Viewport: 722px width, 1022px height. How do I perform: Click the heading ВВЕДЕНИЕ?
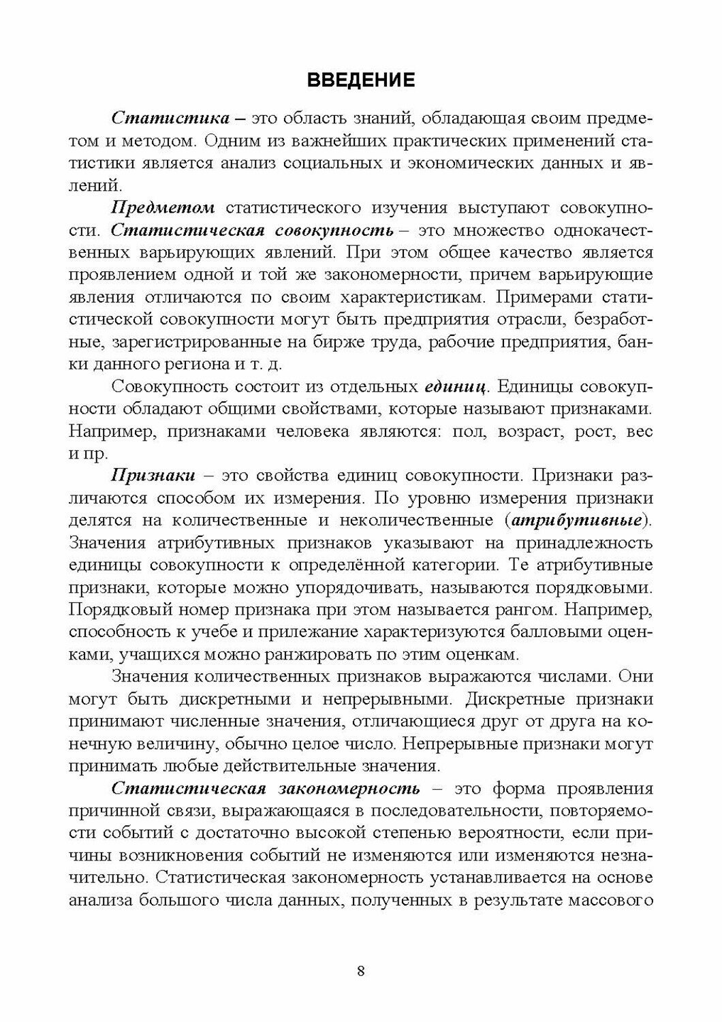[361, 80]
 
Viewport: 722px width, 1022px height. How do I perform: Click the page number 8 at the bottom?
[361, 971]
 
